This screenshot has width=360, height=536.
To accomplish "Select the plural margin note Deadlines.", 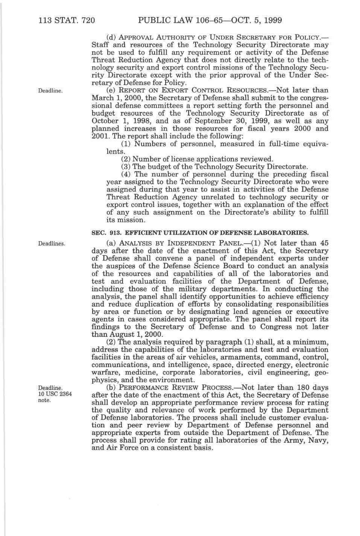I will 52,243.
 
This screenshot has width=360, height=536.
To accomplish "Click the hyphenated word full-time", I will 279,144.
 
